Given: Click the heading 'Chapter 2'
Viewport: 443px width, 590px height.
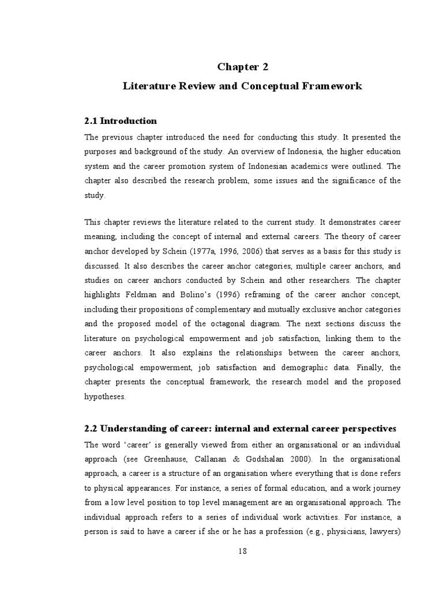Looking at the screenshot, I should pyautogui.click(x=243, y=67).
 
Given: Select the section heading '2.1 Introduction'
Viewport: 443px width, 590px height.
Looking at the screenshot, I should pyautogui.click(x=121, y=121).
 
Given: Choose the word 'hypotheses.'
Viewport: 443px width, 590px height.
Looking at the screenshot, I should pyautogui.click(x=104, y=396).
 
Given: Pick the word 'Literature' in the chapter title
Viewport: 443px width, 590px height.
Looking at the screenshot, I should pyautogui.click(x=148, y=86).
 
